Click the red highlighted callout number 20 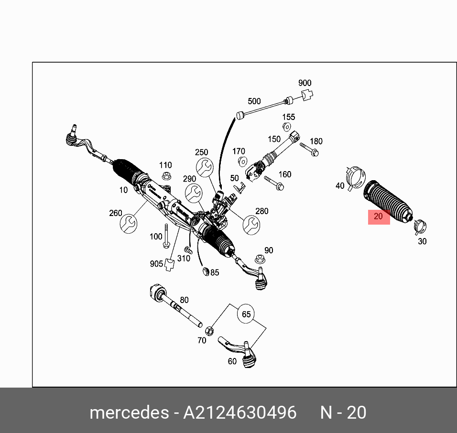(379, 216)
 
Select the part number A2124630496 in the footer (239, 412)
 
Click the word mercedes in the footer (129, 412)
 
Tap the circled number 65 (246, 314)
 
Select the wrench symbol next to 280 (251, 224)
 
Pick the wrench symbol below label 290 (194, 193)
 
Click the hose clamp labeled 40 (354, 177)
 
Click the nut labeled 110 (166, 176)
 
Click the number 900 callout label (305, 83)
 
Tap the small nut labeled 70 (208, 330)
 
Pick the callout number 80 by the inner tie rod (184, 300)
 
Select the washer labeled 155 (287, 127)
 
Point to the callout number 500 (254, 101)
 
